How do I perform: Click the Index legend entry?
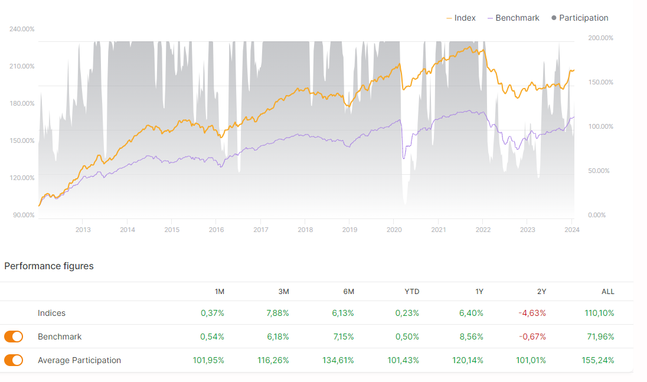pos(461,18)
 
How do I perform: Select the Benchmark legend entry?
pos(513,18)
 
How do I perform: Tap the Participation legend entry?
pos(580,18)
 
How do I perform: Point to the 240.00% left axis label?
pos(22,29)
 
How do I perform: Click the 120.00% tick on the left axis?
pos(22,178)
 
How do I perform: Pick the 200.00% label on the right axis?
pos(601,38)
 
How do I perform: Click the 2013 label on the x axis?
pos(83,230)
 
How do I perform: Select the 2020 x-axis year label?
pos(394,230)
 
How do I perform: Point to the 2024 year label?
pos(571,230)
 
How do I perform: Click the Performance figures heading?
pos(49,266)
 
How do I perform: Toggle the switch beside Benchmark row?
pos(14,337)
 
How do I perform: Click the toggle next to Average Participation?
pos(14,360)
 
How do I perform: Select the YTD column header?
pos(411,292)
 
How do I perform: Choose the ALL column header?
pos(607,292)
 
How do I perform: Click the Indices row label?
pos(52,313)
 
